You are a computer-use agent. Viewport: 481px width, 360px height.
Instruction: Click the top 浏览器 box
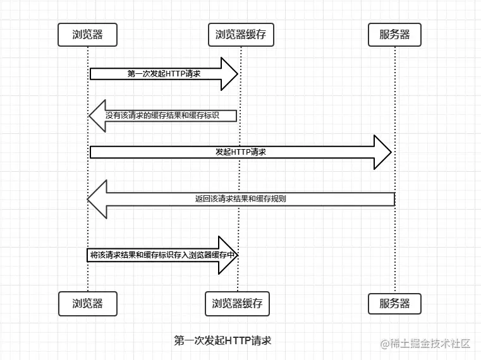coord(88,35)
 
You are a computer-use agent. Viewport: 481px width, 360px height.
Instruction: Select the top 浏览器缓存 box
coord(240,35)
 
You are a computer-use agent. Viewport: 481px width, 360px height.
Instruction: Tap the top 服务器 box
coord(394,35)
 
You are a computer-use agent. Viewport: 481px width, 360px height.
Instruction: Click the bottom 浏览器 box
coord(88,303)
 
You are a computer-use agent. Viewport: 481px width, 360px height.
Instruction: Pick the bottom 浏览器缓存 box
coord(237,303)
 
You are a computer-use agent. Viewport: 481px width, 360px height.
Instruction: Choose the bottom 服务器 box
coord(394,303)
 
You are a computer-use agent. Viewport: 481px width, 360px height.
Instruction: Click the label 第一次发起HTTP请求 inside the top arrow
coord(164,74)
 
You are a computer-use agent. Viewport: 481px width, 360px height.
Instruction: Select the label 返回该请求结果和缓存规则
coord(240,199)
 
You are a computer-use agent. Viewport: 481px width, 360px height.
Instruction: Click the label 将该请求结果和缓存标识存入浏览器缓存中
coord(163,255)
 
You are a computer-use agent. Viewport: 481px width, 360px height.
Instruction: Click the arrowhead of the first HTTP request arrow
coord(229,74)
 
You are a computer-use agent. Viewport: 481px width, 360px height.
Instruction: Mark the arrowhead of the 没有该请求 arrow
coord(97,116)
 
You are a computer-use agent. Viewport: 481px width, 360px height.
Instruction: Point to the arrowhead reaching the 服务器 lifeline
coord(383,152)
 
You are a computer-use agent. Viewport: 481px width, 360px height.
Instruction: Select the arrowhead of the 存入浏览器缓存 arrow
coord(228,255)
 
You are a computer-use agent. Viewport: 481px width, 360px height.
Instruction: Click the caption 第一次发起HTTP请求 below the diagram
coord(222,341)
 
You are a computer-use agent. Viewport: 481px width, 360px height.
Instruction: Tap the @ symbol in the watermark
coord(384,344)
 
